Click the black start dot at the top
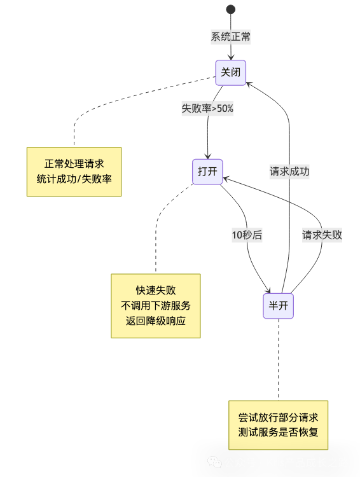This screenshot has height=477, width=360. (x=230, y=9)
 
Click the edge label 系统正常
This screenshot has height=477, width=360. (x=230, y=37)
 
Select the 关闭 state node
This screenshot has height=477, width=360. (x=230, y=73)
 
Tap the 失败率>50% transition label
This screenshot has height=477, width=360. (x=207, y=108)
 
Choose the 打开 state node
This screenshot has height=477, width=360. (x=207, y=172)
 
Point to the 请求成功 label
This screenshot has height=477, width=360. (x=289, y=171)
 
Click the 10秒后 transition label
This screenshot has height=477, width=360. (x=247, y=235)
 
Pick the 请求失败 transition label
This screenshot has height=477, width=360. (x=321, y=235)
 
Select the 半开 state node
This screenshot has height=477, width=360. (x=279, y=306)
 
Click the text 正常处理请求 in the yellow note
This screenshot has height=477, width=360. (x=74, y=163)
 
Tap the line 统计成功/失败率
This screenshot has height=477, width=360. (x=74, y=179)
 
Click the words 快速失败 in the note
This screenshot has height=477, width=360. (x=156, y=290)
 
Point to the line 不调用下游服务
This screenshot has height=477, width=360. (x=156, y=305)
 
